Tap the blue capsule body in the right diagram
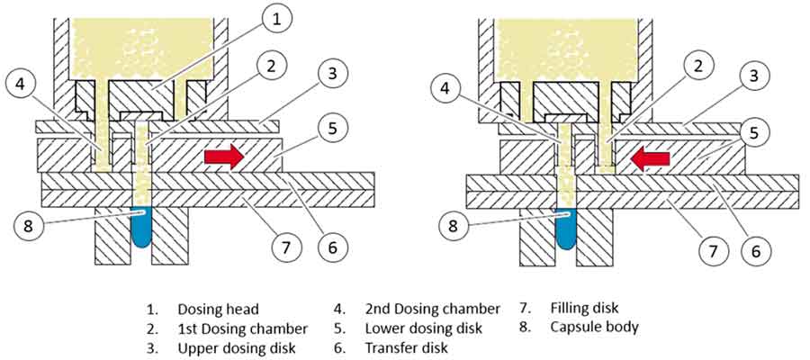tap(566, 229)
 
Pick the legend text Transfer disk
tap(408, 346)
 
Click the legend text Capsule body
tap(594, 327)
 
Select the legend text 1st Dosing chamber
tap(242, 327)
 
